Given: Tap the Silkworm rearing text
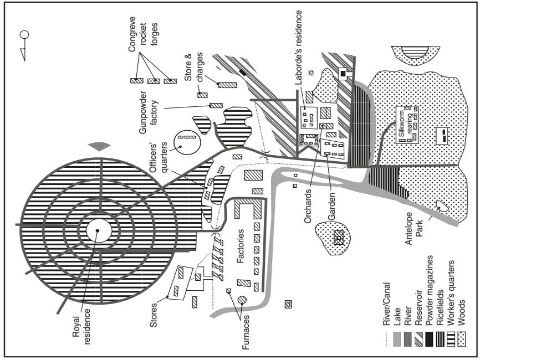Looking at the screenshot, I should (407, 126).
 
